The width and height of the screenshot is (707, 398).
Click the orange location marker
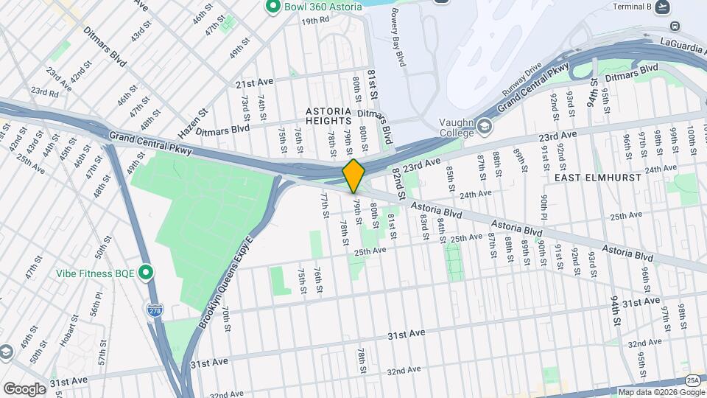point(353,176)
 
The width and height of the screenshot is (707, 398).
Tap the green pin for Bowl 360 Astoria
point(272,7)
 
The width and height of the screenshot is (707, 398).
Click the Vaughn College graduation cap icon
point(484,127)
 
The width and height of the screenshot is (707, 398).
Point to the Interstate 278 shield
point(154,311)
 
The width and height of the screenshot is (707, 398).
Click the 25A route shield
point(693,380)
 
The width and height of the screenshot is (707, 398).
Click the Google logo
point(24,388)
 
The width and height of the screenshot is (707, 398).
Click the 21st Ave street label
point(254,85)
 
